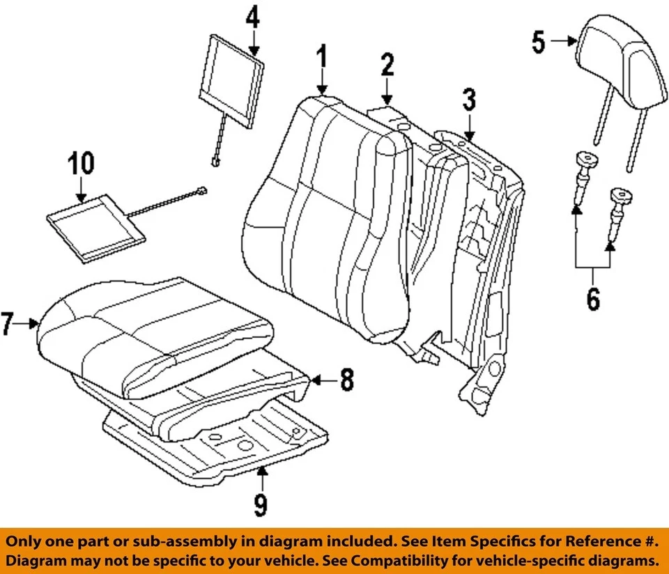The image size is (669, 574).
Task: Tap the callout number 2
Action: tap(387, 66)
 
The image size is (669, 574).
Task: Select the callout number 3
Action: tap(469, 101)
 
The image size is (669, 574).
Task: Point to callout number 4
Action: tap(252, 16)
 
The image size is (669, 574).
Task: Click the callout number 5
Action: tap(538, 42)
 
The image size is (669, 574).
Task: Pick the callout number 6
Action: tap(592, 300)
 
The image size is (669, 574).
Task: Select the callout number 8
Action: tap(346, 380)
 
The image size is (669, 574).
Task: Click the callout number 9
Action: tap(260, 504)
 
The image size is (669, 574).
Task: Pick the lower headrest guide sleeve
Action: tap(618, 209)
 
